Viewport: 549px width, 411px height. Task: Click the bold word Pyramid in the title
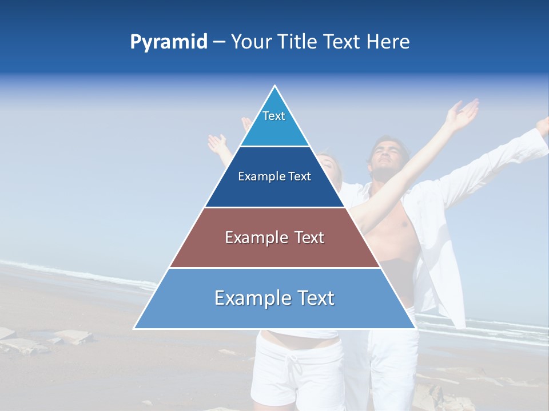click(169, 42)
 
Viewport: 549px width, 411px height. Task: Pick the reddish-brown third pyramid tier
click(274, 251)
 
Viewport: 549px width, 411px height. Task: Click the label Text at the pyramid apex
click(274, 116)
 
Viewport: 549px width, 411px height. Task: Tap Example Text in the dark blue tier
click(274, 176)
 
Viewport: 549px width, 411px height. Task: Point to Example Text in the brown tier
click(274, 237)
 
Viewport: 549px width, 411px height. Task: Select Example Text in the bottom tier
click(274, 298)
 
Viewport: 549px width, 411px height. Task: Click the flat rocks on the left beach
click(63, 339)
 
